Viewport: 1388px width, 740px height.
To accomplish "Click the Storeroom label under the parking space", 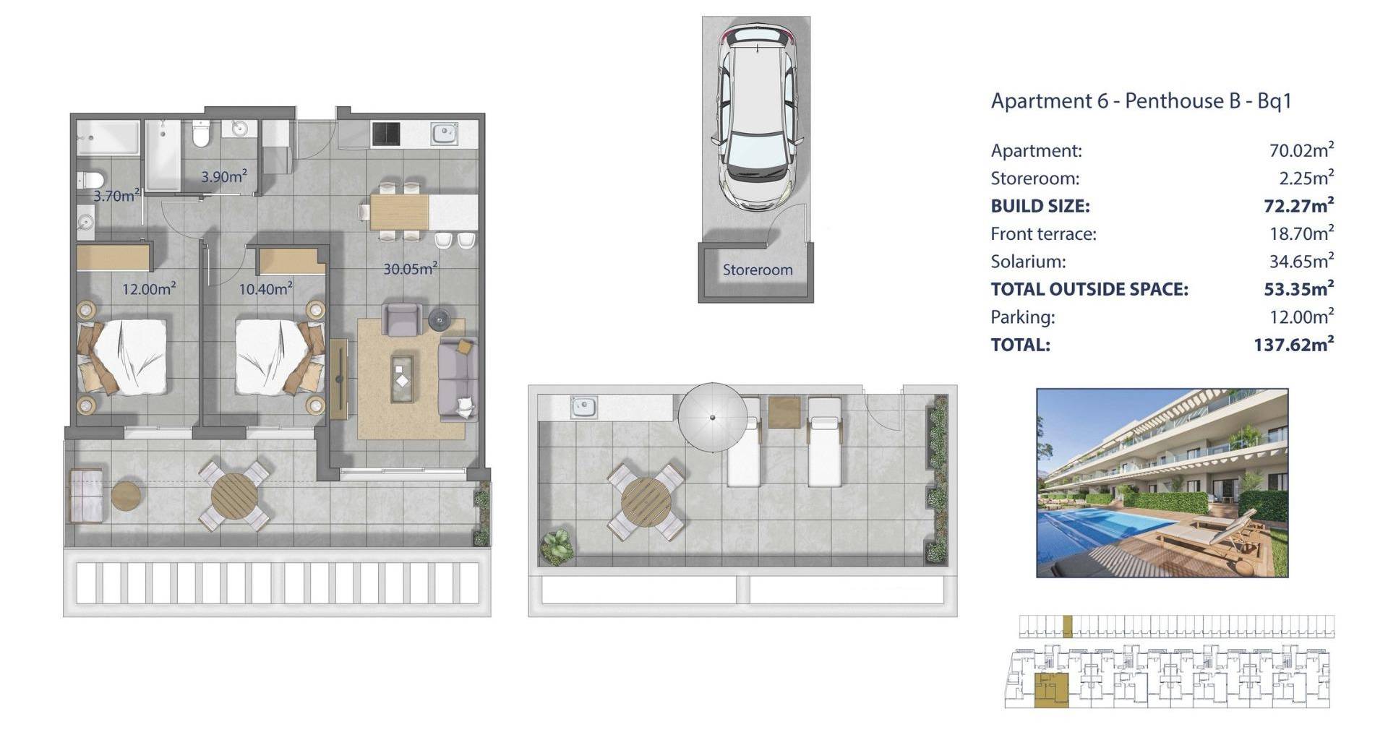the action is [758, 270].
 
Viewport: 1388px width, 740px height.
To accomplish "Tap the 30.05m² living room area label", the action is [410, 269].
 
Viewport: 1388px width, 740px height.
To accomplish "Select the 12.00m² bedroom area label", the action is [149, 289].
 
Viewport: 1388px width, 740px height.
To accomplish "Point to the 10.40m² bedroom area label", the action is [266, 289].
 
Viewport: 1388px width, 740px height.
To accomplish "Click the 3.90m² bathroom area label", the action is [224, 176].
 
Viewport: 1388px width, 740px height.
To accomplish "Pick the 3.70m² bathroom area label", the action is [116, 195].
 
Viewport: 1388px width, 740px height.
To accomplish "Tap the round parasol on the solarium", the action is [713, 417].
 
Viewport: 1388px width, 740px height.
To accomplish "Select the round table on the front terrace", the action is [234, 495].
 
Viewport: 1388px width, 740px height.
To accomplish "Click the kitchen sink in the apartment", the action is [445, 134].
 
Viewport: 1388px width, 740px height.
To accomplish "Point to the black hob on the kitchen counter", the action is [385, 134].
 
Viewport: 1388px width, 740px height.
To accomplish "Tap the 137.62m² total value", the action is [1293, 344].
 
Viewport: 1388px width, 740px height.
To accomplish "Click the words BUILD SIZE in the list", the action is [1040, 206].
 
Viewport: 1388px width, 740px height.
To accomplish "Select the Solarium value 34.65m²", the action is [1301, 261].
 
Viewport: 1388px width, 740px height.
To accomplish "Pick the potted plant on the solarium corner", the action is [557, 547].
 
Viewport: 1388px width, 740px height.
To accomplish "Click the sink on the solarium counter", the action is [583, 407].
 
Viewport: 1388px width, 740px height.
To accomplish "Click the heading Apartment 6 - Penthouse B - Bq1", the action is [1141, 101].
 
